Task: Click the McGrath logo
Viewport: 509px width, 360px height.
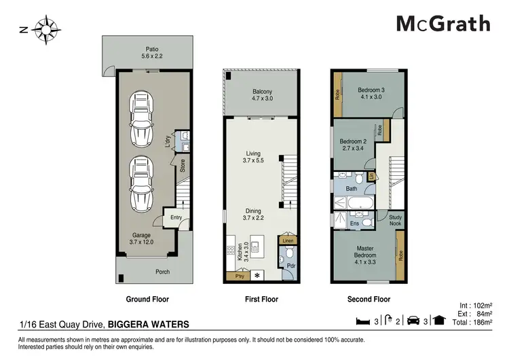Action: (443, 23)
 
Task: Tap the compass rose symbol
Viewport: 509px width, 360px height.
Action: (47, 29)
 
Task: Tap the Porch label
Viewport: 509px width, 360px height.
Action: (162, 272)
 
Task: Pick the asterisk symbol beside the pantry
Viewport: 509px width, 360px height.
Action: (257, 275)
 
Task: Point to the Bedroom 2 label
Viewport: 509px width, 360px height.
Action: (352, 145)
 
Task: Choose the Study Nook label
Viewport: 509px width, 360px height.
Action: (396, 221)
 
